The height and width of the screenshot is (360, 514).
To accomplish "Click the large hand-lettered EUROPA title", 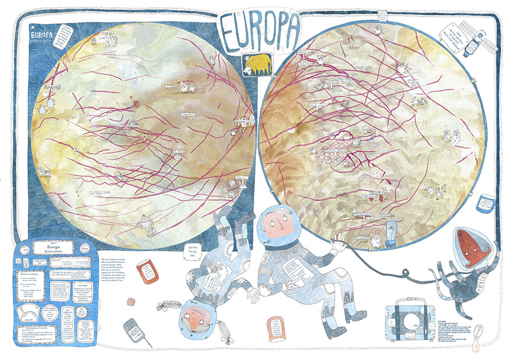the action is point(260,30).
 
